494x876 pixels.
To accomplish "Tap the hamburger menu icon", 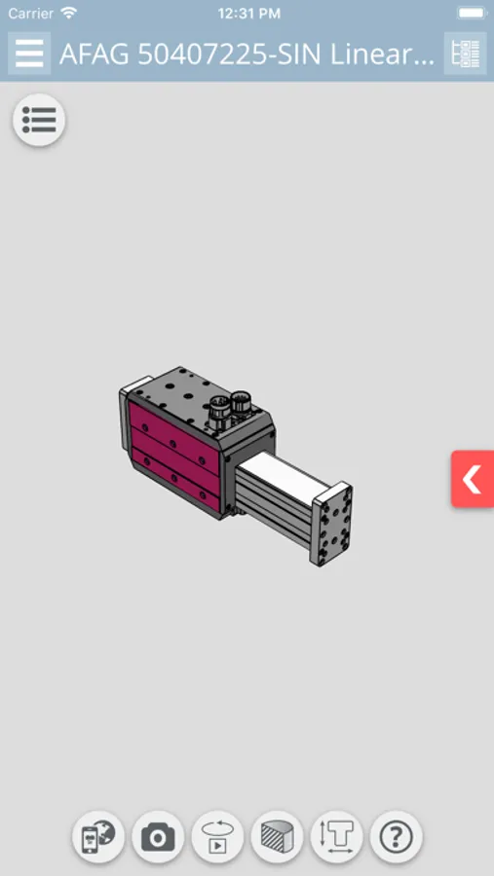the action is pyautogui.click(x=29, y=54).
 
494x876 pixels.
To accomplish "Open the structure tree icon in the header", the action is pyautogui.click(x=465, y=54).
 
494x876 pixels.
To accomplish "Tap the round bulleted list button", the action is pyautogui.click(x=39, y=120).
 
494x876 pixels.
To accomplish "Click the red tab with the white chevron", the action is pyautogui.click(x=473, y=479).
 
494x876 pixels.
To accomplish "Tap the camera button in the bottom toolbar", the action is pyautogui.click(x=158, y=837).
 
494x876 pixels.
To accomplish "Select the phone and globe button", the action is pyautogui.click(x=98, y=837).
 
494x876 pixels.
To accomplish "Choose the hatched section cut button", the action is pyautogui.click(x=277, y=837).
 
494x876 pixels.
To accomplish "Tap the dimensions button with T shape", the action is pyautogui.click(x=337, y=837).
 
